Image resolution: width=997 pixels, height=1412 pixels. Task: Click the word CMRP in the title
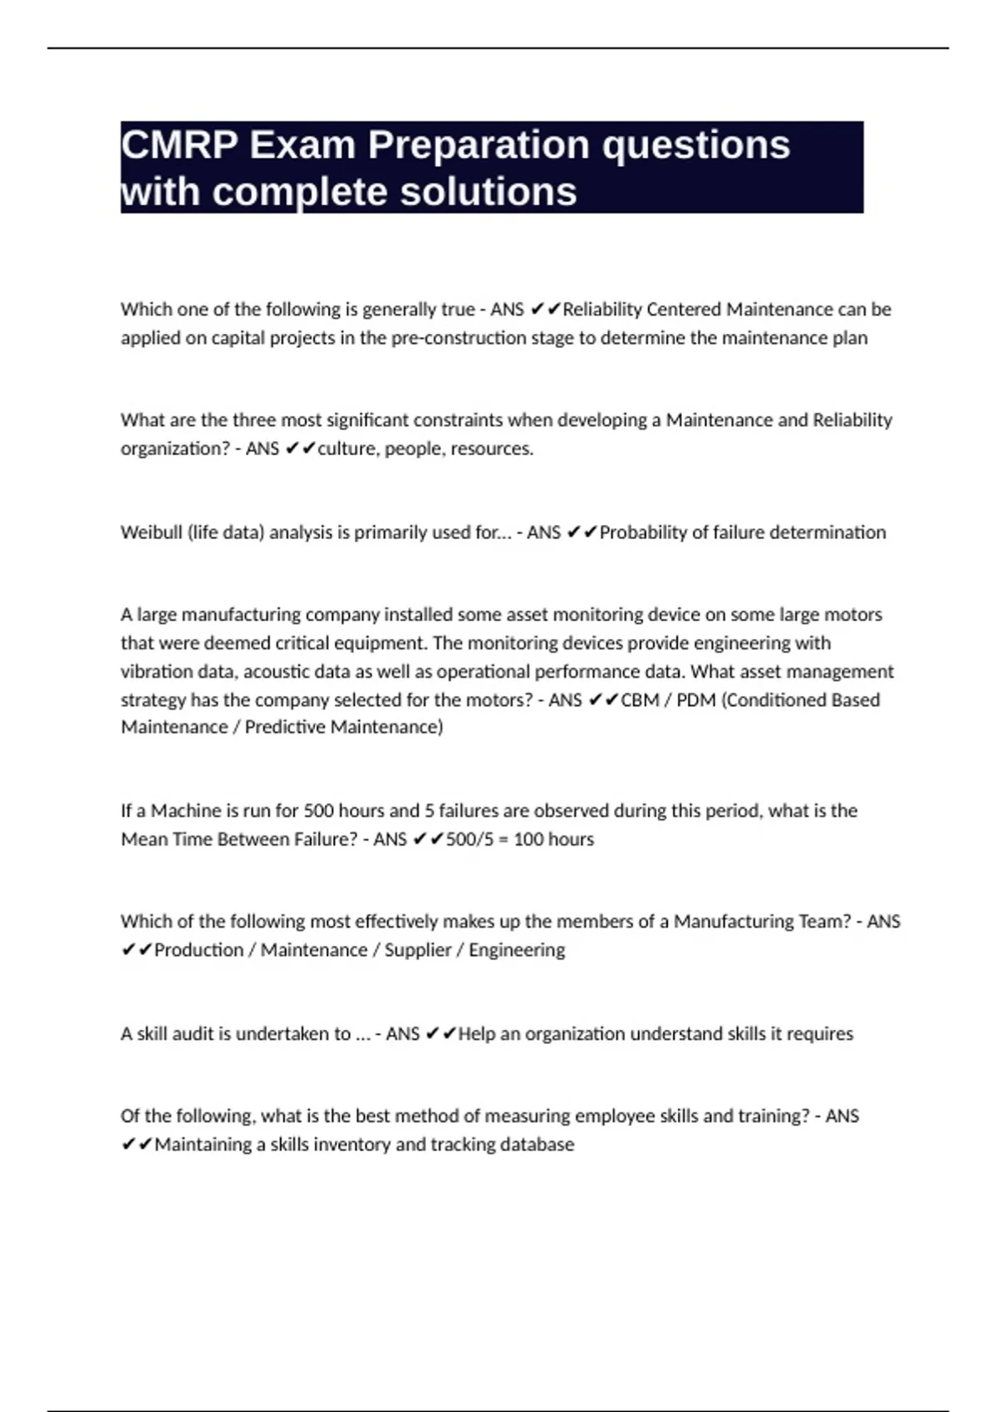[179, 145]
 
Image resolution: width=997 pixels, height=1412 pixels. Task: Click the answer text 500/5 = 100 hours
[520, 840]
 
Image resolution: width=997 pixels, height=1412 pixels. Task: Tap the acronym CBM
[640, 700]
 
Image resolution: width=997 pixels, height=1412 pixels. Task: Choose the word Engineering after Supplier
[517, 950]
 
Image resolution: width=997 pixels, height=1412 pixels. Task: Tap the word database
[537, 1145]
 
